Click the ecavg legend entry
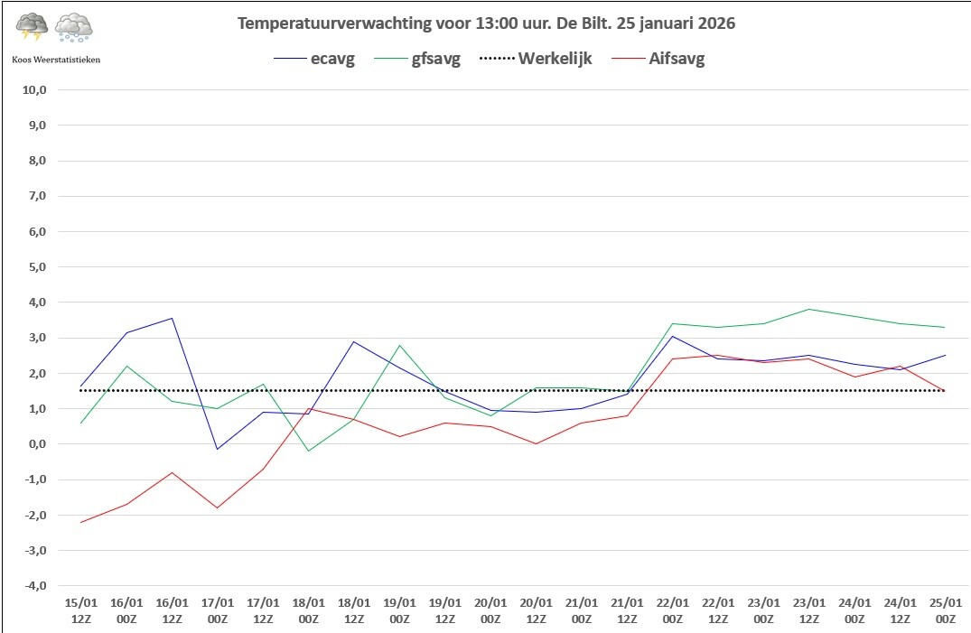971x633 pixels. (x=314, y=59)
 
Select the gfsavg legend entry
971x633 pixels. (x=417, y=60)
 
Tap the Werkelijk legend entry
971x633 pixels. (x=536, y=59)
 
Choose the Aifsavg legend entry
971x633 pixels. (x=658, y=60)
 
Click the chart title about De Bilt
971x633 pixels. (x=486, y=23)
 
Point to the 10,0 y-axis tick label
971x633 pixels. (x=34, y=89)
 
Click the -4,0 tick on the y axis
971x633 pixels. (x=34, y=585)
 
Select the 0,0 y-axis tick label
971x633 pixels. (x=36, y=444)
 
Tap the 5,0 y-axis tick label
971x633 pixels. (x=36, y=267)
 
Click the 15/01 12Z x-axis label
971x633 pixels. (x=81, y=610)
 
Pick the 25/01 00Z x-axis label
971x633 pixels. (x=946, y=610)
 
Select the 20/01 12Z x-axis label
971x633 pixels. (x=537, y=610)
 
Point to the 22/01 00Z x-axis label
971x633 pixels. (x=673, y=610)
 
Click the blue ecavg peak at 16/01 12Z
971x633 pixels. (x=173, y=319)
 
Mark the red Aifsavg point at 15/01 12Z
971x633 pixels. (x=81, y=522)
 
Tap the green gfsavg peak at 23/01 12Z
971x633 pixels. (x=809, y=309)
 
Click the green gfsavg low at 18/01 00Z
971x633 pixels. (x=308, y=451)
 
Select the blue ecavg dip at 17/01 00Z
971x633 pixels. (x=218, y=449)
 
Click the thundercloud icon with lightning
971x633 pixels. (x=32, y=27)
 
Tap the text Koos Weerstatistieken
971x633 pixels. (x=56, y=60)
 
